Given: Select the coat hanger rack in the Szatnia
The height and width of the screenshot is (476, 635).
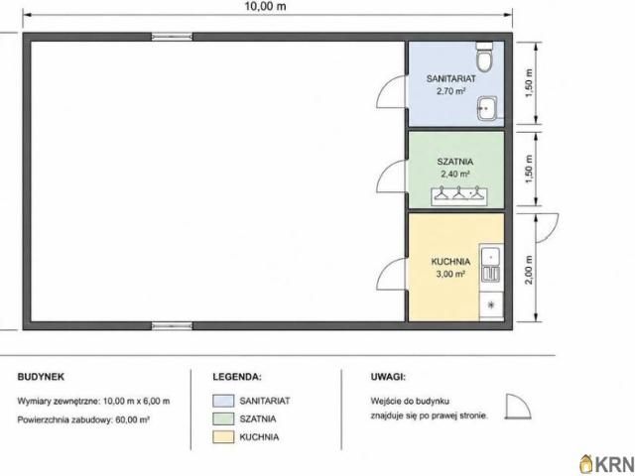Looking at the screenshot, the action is (458, 195).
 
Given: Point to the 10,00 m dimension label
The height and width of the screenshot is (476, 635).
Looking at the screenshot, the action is (265, 6).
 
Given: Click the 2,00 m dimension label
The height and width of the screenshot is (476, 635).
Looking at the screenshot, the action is (529, 270).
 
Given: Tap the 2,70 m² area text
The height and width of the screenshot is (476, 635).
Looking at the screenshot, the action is (450, 91).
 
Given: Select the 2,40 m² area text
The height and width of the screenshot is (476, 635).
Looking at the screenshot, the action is (455, 175).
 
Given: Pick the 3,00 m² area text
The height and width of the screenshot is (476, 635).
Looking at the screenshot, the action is (450, 274).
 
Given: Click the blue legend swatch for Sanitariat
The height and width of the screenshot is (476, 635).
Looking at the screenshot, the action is (223, 401).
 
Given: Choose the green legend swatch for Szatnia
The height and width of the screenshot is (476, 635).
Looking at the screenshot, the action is (223, 418).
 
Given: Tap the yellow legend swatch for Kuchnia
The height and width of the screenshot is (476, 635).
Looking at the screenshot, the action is (223, 437).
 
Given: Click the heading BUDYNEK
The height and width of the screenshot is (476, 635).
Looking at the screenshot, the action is (41, 377).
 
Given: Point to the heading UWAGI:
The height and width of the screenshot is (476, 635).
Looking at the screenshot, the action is (388, 377).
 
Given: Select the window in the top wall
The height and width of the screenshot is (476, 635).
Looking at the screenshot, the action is (172, 37).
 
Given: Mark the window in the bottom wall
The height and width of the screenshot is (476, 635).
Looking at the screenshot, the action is (172, 326).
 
